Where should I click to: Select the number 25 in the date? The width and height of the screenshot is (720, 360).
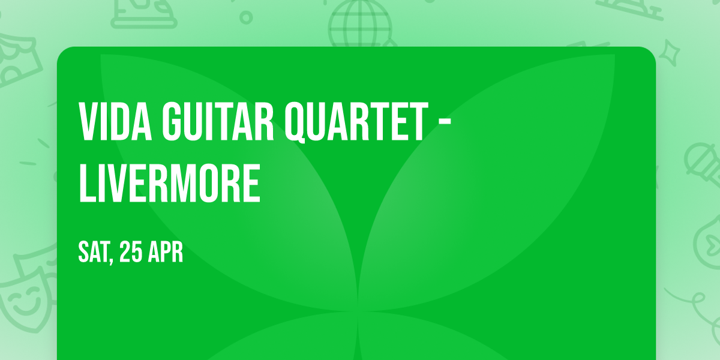click(x=130, y=253)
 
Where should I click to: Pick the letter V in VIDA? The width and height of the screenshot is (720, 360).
click(x=88, y=121)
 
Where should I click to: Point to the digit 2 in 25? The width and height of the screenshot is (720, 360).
click(x=125, y=253)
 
